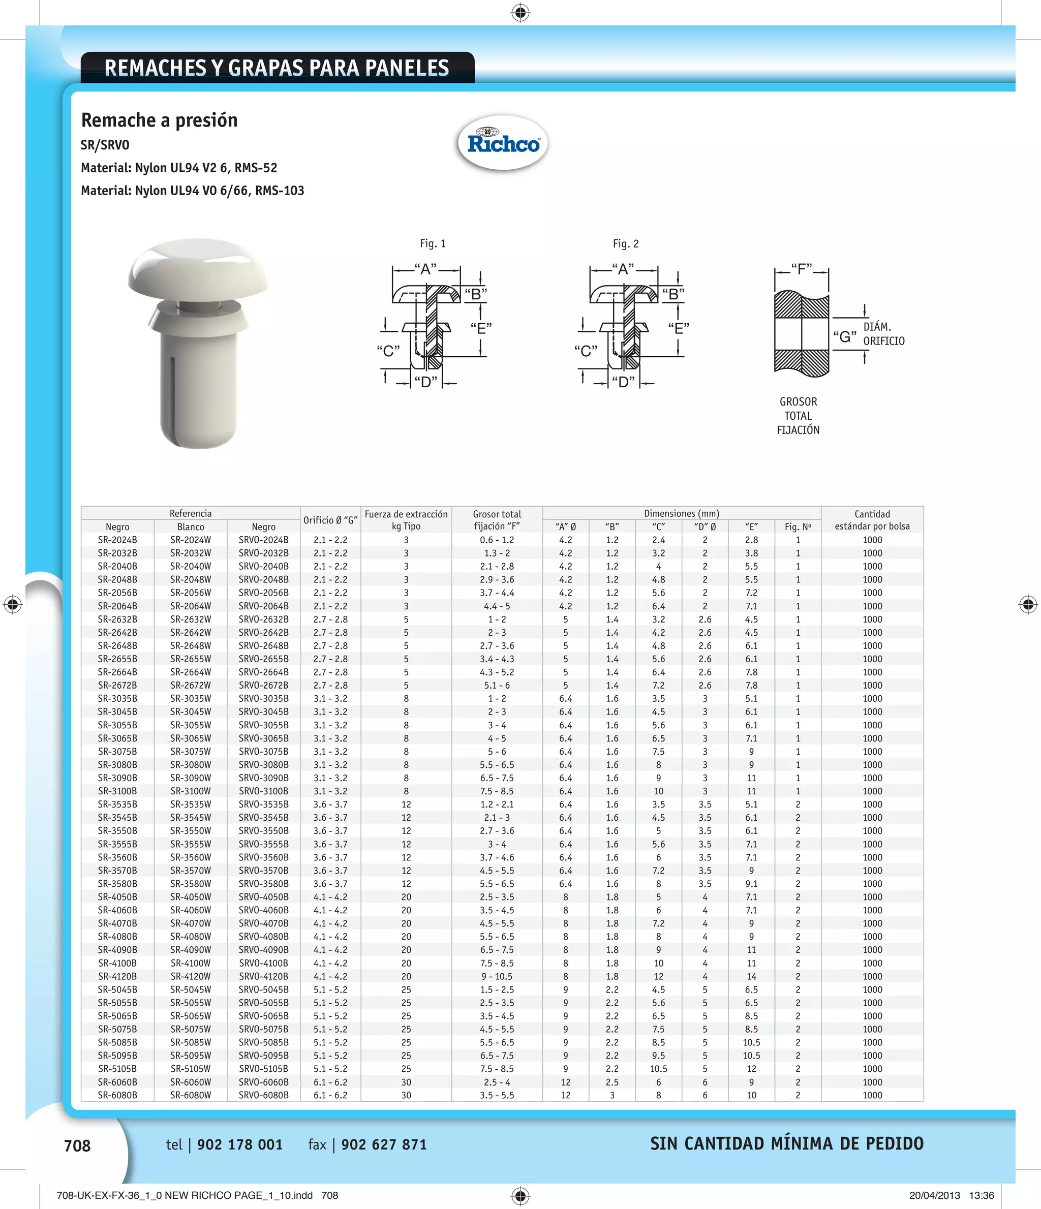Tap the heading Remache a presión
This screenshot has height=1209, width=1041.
click(x=159, y=120)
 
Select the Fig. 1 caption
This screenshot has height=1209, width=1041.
click(x=433, y=243)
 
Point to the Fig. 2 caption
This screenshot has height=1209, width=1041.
click(x=626, y=243)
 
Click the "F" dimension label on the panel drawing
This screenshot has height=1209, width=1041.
click(x=801, y=269)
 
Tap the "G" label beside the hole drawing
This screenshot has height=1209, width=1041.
click(x=845, y=336)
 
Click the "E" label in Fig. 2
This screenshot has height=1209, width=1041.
click(x=679, y=328)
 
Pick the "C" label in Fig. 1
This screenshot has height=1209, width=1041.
click(x=388, y=351)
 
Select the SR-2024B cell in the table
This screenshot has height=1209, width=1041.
click(x=117, y=540)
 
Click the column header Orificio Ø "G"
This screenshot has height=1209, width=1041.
click(x=330, y=520)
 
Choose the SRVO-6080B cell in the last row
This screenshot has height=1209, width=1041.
click(x=263, y=1095)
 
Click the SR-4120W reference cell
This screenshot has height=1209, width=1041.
click(x=191, y=976)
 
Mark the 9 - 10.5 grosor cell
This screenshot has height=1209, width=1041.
click(x=497, y=976)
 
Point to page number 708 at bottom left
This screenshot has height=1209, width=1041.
click(x=77, y=1146)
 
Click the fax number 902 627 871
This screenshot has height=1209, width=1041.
click(x=384, y=1145)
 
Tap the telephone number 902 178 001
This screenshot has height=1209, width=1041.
click(x=240, y=1145)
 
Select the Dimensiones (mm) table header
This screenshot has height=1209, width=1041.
click(x=682, y=513)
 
